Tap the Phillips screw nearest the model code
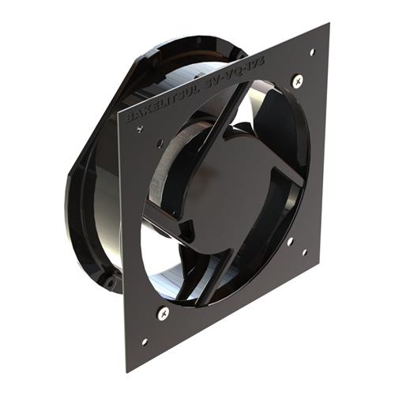(297, 80)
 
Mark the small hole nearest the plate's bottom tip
(144, 342)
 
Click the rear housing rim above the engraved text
(182, 47)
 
